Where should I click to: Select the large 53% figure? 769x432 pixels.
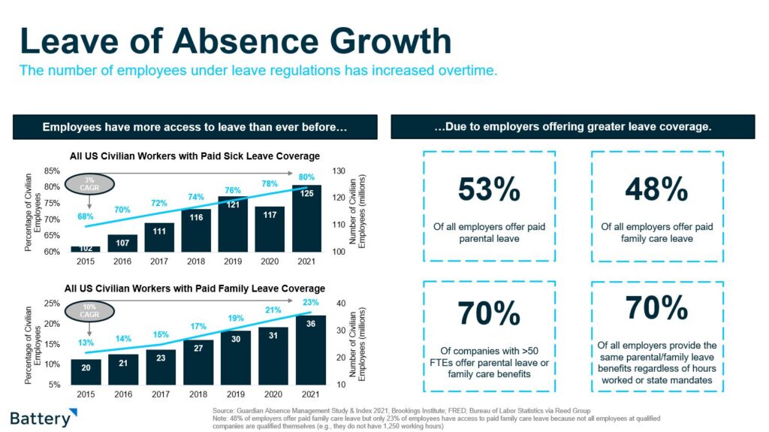(489, 191)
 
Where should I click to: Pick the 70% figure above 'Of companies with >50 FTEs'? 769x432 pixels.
(489, 315)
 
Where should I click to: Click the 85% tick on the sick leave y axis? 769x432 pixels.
(52, 170)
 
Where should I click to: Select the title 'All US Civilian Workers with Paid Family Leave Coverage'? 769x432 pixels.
(195, 289)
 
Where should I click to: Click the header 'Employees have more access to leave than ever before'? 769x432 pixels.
(195, 127)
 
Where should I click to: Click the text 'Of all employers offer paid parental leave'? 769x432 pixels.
(489, 232)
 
